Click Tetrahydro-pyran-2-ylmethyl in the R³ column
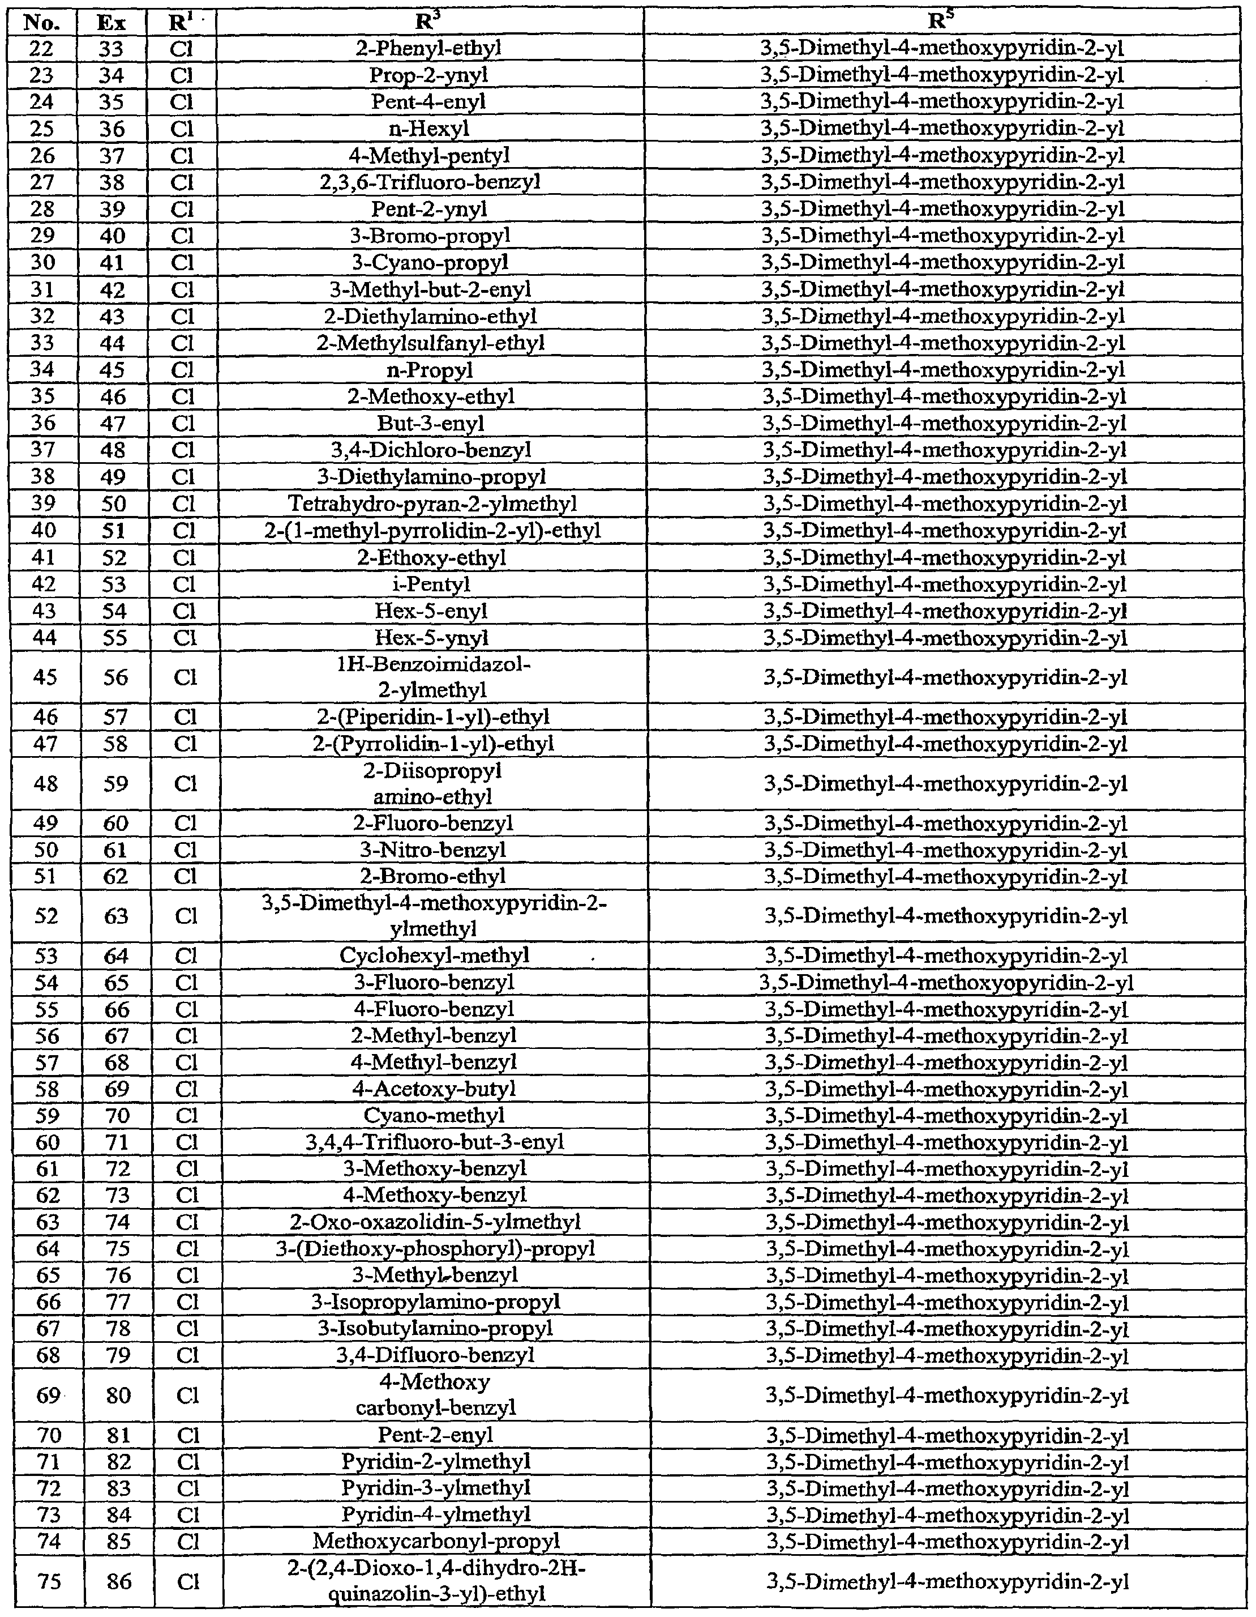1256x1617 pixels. click(432, 504)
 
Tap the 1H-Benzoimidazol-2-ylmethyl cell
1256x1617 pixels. click(432, 677)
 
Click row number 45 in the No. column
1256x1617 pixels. click(46, 677)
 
